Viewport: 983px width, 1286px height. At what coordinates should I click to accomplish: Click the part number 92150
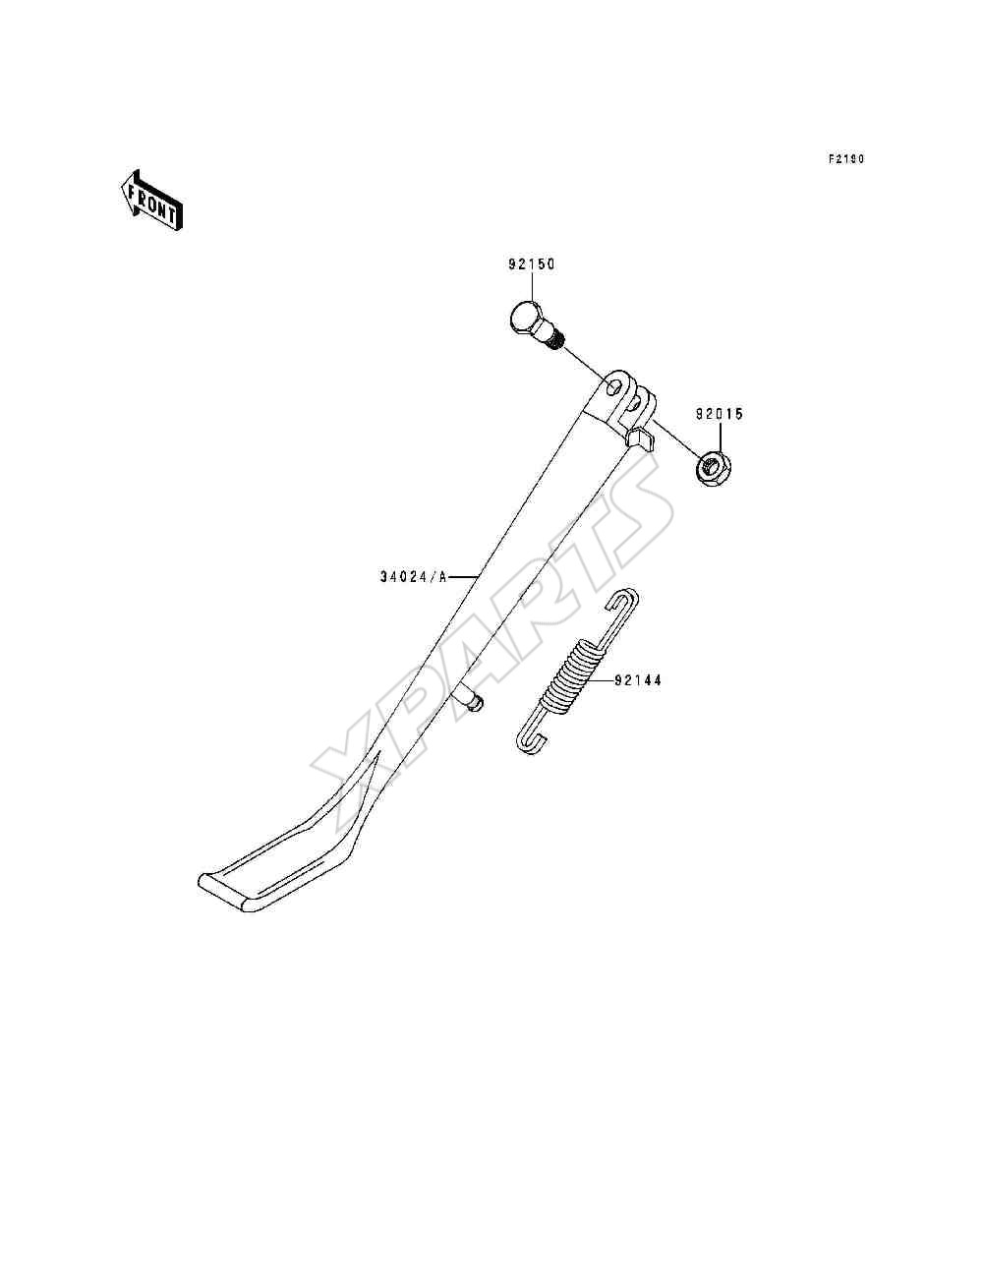tap(532, 264)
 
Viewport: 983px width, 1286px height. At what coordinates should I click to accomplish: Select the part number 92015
tap(720, 414)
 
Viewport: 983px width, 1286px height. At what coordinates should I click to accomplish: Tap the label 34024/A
tap(414, 577)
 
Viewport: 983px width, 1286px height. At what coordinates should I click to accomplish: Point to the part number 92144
tap(638, 680)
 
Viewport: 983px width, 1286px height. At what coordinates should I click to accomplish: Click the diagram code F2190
tap(846, 158)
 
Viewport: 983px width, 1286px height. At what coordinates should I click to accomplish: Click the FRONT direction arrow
tap(151, 201)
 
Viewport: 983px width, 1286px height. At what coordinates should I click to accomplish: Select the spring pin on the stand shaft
tap(469, 701)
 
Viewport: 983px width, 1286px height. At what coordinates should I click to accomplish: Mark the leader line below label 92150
tap(532, 287)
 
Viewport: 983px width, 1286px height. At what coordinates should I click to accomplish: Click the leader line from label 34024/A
tap(463, 577)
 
